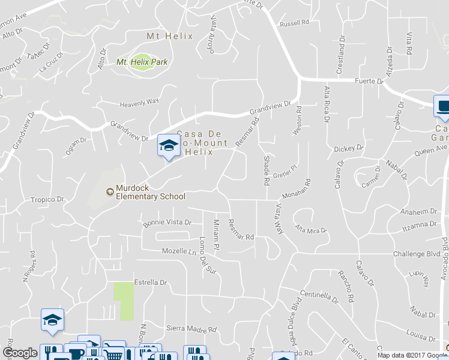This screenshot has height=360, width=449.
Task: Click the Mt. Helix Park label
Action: point(142,62)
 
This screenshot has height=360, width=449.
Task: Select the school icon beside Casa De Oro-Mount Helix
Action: point(168,145)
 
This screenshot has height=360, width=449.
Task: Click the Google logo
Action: point(20,353)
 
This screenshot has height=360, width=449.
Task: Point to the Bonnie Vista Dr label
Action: point(167,223)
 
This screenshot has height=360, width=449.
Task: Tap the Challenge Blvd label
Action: point(417,254)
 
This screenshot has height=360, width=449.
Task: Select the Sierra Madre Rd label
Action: point(191,329)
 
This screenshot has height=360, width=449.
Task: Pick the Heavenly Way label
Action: point(139,102)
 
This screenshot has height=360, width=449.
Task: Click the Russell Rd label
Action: point(294,24)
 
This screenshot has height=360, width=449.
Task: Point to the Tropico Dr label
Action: point(48,199)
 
